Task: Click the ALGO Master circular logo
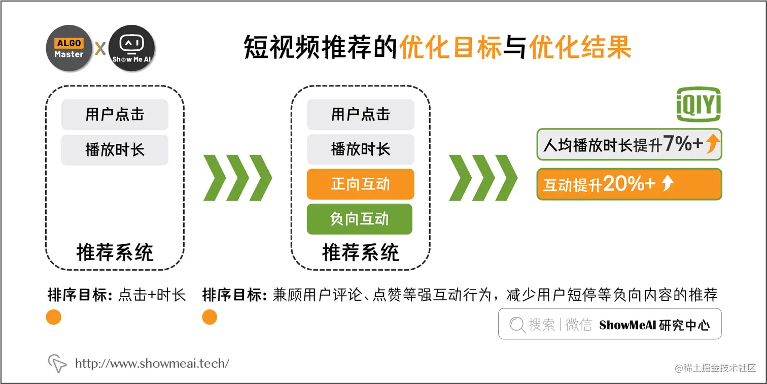tap(69, 48)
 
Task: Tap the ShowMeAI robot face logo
tap(131, 48)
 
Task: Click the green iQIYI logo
tap(699, 105)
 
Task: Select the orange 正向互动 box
tap(360, 184)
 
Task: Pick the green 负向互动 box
tap(359, 219)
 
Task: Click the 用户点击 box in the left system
tap(115, 114)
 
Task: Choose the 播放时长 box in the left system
tap(115, 150)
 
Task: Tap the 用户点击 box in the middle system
tap(360, 114)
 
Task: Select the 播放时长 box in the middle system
tap(360, 149)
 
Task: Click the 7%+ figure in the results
tap(683, 144)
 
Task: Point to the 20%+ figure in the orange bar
tap(629, 184)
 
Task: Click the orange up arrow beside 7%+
tap(713, 145)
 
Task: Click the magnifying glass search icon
tap(516, 325)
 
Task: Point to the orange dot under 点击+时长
tap(53, 317)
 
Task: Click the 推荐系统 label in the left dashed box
tap(115, 252)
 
